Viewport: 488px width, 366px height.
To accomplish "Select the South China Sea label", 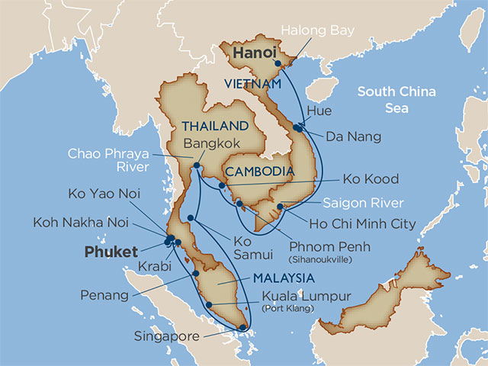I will (x=396, y=100).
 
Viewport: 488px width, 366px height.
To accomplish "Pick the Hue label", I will (x=318, y=112).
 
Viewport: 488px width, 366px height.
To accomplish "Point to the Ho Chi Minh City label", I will (x=363, y=224).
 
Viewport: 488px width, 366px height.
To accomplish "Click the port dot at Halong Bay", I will (x=277, y=64).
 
